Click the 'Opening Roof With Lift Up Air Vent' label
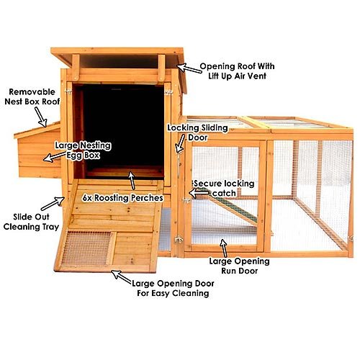tap(237, 71)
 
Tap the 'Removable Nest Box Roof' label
tap(32, 96)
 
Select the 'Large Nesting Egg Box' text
tap(83, 150)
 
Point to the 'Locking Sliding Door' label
tap(197, 132)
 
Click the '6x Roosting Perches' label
tap(122, 198)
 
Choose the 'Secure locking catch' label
tap(224, 189)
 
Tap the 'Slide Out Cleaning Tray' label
tap(31, 222)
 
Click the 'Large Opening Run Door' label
tap(239, 266)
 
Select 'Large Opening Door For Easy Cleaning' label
tap(173, 288)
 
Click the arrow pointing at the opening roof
tap(189, 68)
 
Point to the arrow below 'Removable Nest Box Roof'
tap(40, 117)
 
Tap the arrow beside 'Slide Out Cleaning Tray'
tap(53, 204)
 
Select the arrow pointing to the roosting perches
tap(132, 181)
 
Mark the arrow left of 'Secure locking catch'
tap(199, 193)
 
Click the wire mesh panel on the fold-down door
tap(85, 248)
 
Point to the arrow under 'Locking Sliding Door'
tap(180, 143)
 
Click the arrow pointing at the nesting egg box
tap(55, 157)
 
